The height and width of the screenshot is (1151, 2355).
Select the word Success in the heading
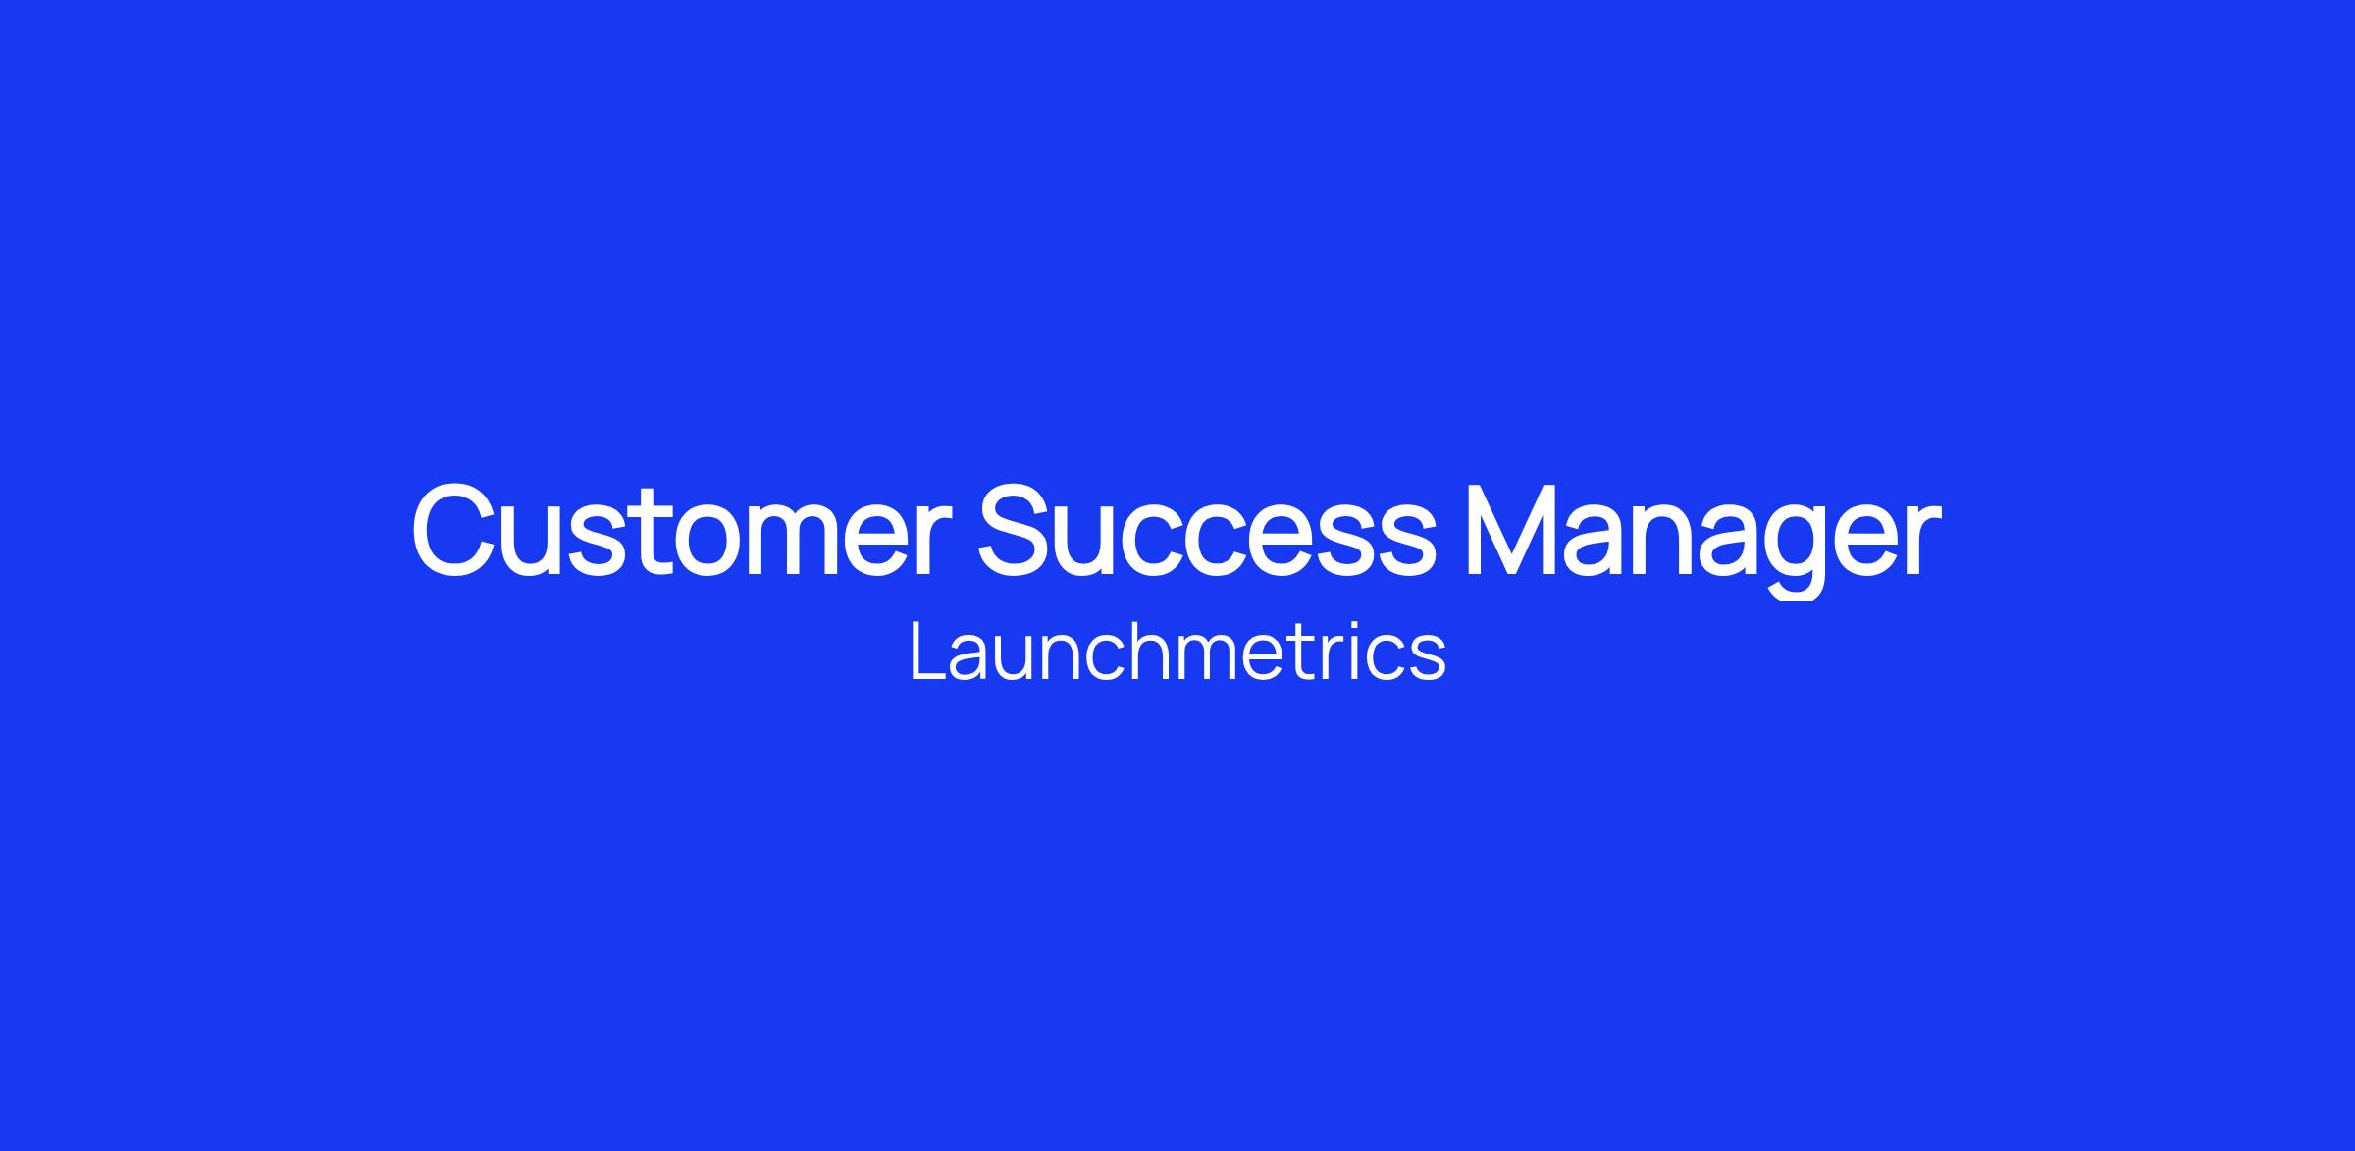[1206, 530]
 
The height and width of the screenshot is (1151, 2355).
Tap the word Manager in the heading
[1702, 538]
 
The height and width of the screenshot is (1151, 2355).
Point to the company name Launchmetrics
[1177, 651]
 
